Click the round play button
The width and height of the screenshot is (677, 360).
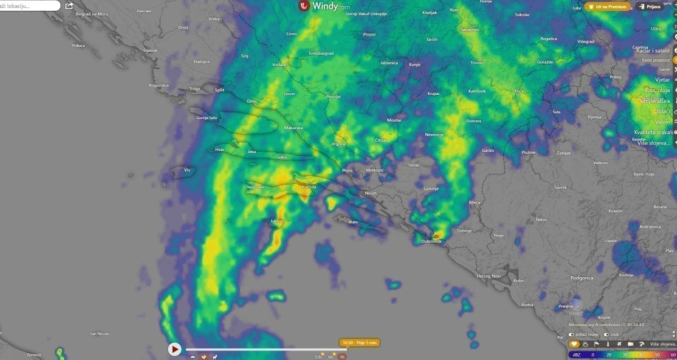tap(175, 349)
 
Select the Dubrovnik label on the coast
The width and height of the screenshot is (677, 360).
tap(432, 242)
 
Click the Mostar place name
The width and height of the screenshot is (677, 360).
tap(394, 120)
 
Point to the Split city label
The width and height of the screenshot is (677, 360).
tap(219, 90)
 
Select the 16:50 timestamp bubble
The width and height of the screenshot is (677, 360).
tap(359, 343)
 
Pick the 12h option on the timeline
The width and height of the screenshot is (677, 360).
tap(318, 357)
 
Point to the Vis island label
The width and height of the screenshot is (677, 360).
tap(187, 169)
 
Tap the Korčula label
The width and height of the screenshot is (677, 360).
tap(309, 186)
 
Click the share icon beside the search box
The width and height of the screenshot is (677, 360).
tap(69, 6)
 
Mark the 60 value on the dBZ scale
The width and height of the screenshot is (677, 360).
tap(672, 355)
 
